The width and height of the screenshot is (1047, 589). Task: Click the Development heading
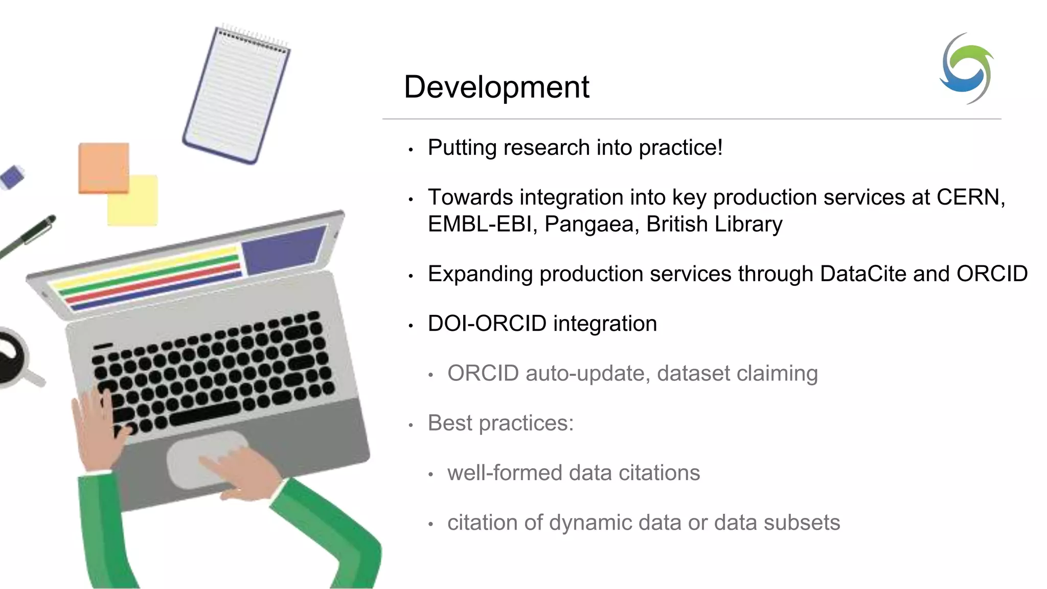(x=496, y=87)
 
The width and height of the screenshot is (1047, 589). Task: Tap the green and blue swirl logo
(x=966, y=69)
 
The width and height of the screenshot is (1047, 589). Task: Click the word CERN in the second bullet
(x=970, y=197)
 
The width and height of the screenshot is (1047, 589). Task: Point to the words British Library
(x=714, y=224)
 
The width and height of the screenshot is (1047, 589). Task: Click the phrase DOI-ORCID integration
(x=542, y=324)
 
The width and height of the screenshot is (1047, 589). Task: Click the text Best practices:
(x=500, y=423)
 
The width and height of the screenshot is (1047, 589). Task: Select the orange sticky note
(x=103, y=167)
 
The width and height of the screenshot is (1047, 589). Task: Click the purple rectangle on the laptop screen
(x=283, y=249)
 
